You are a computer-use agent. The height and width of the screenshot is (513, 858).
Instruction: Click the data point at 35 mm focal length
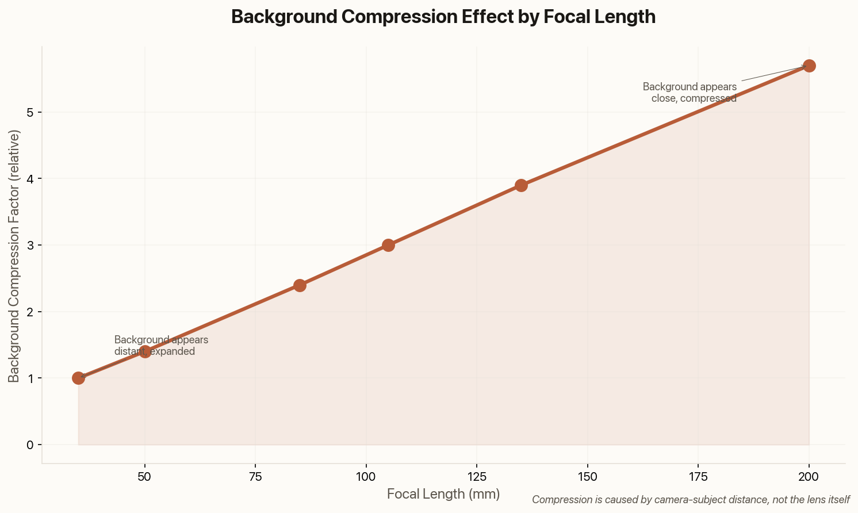[x=78, y=378]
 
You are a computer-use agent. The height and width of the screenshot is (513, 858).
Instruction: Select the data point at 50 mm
[x=145, y=351]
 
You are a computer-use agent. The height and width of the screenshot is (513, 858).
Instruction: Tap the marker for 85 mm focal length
[x=300, y=285]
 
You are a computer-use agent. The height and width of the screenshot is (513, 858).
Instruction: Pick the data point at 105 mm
[x=388, y=245]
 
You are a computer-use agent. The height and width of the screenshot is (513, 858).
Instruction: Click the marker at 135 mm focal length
[x=521, y=185]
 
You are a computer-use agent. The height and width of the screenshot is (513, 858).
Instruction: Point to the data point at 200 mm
[x=809, y=66]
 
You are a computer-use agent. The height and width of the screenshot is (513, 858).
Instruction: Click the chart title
[x=443, y=17]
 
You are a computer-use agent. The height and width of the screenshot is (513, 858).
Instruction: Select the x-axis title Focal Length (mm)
[x=443, y=494]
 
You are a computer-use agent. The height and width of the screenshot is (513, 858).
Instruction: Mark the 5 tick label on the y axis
[x=30, y=112]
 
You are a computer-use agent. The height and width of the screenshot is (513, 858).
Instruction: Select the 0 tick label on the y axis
[x=30, y=445]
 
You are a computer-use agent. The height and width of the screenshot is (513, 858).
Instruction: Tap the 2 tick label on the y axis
[x=30, y=312]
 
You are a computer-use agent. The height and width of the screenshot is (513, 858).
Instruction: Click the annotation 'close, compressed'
[x=694, y=98]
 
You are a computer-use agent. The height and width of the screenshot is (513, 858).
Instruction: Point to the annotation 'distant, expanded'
[x=155, y=351]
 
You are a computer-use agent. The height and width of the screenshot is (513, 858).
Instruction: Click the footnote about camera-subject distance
[x=691, y=499]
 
